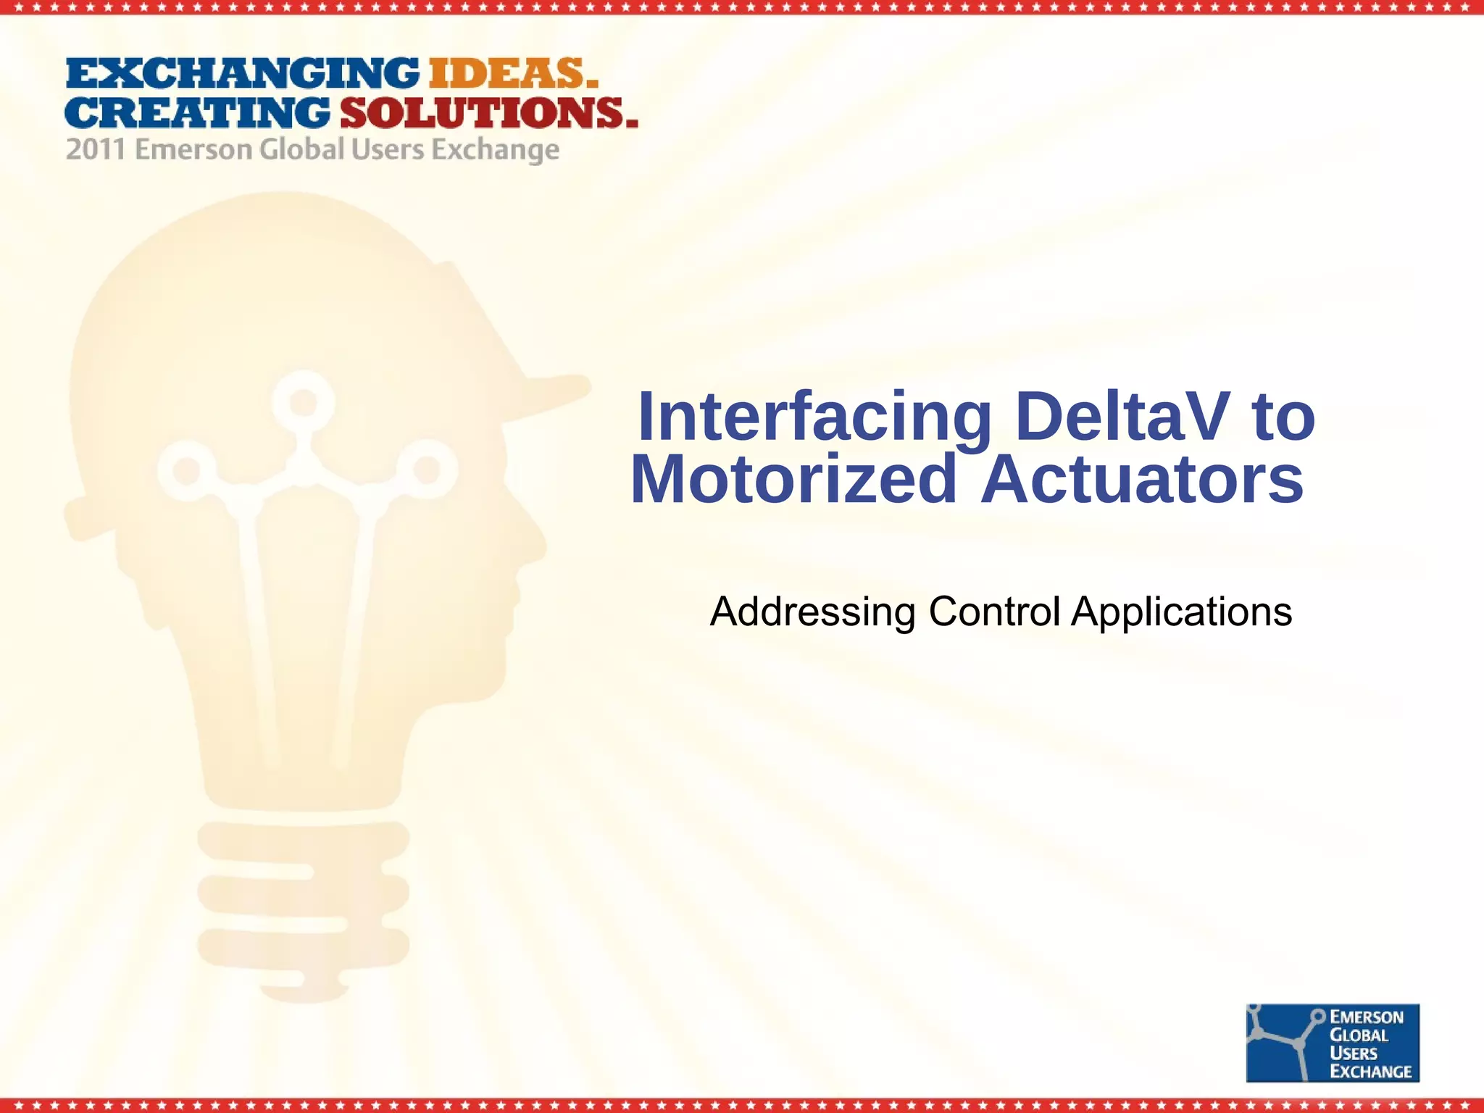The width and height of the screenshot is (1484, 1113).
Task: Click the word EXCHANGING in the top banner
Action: [242, 74]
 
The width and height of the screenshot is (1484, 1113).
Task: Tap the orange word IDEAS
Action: [513, 74]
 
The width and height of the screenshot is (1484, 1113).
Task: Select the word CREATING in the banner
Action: [197, 113]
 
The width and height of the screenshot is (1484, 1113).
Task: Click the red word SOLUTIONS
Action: [488, 113]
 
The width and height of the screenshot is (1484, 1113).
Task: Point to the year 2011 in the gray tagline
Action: [96, 150]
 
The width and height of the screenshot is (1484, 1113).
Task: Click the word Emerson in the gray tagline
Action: [193, 150]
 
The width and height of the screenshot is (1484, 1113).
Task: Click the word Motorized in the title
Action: [794, 479]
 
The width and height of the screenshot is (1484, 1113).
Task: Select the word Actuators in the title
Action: [1142, 479]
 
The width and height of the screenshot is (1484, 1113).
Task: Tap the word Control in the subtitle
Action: [994, 612]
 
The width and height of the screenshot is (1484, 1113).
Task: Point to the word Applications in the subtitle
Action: [1181, 612]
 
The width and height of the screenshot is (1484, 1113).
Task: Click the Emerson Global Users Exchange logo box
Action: [1332, 1043]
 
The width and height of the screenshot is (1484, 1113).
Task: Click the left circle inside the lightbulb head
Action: [186, 470]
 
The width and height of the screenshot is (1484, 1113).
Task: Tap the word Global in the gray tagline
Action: [301, 150]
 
